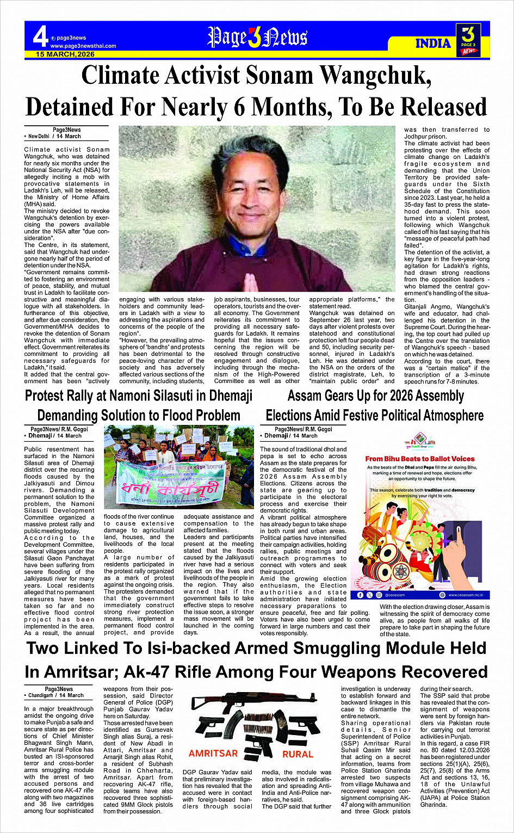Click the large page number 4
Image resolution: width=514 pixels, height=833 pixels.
40,37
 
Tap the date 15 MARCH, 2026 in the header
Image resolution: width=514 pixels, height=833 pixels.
65,54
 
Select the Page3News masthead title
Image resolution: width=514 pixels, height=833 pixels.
257,37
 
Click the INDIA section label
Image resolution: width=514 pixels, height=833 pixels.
434,44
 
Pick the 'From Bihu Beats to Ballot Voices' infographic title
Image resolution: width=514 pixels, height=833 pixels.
420,459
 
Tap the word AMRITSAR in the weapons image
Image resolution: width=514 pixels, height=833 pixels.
214,754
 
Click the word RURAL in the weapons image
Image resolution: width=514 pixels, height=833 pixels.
298,754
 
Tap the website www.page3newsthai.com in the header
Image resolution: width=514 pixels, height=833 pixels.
83,46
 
